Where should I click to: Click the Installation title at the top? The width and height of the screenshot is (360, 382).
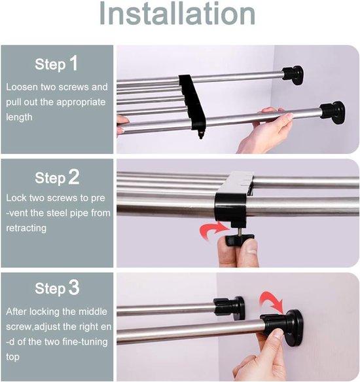pyautogui.click(x=177, y=13)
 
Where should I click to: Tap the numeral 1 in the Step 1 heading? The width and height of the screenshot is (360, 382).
pyautogui.click(x=73, y=63)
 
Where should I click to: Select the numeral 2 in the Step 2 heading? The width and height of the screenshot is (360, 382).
pyautogui.click(x=73, y=177)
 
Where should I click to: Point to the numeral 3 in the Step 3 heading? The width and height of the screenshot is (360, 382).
pyautogui.click(x=74, y=288)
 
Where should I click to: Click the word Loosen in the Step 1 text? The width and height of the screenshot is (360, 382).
pyautogui.click(x=22, y=87)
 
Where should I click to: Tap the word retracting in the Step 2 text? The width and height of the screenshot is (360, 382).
pyautogui.click(x=26, y=228)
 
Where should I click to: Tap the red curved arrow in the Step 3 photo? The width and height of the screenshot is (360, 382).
pyautogui.click(x=271, y=299)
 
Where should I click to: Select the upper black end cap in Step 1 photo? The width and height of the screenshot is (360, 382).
pyautogui.click(x=293, y=74)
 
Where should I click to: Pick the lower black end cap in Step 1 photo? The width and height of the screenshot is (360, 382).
pyautogui.click(x=333, y=113)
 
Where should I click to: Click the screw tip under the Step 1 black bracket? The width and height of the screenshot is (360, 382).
pyautogui.click(x=201, y=135)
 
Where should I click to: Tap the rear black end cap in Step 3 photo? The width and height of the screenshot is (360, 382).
pyautogui.click(x=229, y=308)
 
